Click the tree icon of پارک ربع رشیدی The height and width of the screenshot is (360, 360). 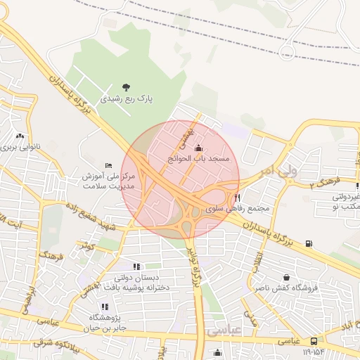(126, 87)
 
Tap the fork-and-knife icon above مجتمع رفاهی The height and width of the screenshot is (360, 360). (237, 198)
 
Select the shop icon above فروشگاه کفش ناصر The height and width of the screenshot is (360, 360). (285, 277)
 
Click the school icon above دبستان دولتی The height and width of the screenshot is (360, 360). (136, 266)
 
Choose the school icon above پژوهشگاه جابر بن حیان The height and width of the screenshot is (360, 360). (104, 307)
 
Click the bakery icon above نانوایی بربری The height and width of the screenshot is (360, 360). (20, 136)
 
